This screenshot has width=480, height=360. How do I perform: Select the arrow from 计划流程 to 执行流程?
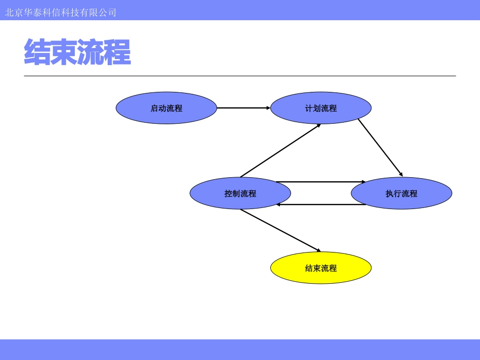pyautogui.click(x=380, y=147)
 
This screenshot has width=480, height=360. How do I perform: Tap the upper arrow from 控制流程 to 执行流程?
pyautogui.click(x=321, y=182)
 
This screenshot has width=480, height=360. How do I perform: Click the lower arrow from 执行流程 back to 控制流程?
pyautogui.click(x=321, y=204)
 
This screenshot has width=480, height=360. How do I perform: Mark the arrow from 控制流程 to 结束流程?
pyautogui.click(x=280, y=230)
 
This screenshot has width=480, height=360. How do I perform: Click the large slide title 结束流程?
pyautogui.click(x=77, y=53)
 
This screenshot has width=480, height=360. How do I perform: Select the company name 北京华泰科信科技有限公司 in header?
pyautogui.click(x=61, y=12)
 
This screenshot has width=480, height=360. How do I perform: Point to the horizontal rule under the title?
pyautogui.click(x=240, y=76)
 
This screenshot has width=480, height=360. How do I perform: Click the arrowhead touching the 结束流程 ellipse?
pyautogui.click(x=318, y=250)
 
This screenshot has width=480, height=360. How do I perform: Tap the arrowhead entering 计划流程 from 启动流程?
pyautogui.click(x=268, y=108)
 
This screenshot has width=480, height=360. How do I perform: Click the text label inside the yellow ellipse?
pyautogui.click(x=321, y=268)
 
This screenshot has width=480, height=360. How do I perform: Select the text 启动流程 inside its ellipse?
pyautogui.click(x=166, y=108)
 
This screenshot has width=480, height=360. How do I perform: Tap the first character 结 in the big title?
pyautogui.click(x=37, y=53)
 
